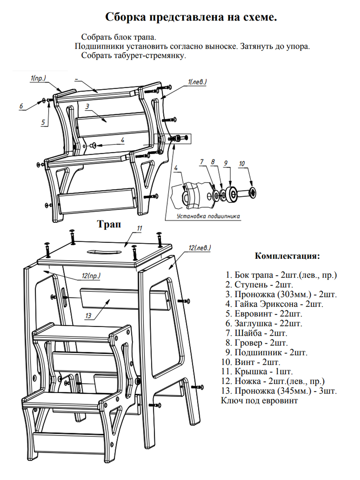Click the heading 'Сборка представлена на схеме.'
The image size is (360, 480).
(191, 17)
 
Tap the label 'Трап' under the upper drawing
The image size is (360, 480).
(109, 224)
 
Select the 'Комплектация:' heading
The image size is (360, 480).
(287, 256)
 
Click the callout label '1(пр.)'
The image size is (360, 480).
(38, 78)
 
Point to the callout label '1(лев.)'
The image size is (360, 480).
(197, 82)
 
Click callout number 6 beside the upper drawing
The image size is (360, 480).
(21, 106)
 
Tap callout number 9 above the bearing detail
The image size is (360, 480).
(226, 163)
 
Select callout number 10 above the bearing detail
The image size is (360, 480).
(242, 163)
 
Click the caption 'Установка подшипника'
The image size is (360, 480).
(208, 216)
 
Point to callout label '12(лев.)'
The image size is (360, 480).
(199, 248)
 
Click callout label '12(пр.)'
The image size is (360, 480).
(91, 275)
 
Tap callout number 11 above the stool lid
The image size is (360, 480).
(139, 228)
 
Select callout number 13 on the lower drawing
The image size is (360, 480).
(88, 316)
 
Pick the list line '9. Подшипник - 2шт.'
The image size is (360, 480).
(266, 352)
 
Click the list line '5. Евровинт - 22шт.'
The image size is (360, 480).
(264, 314)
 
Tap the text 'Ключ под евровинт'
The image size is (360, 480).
(259, 400)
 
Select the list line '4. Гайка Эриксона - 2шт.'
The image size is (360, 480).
(274, 304)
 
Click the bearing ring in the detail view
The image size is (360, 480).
(231, 195)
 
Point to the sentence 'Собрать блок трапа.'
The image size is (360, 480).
(118, 37)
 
